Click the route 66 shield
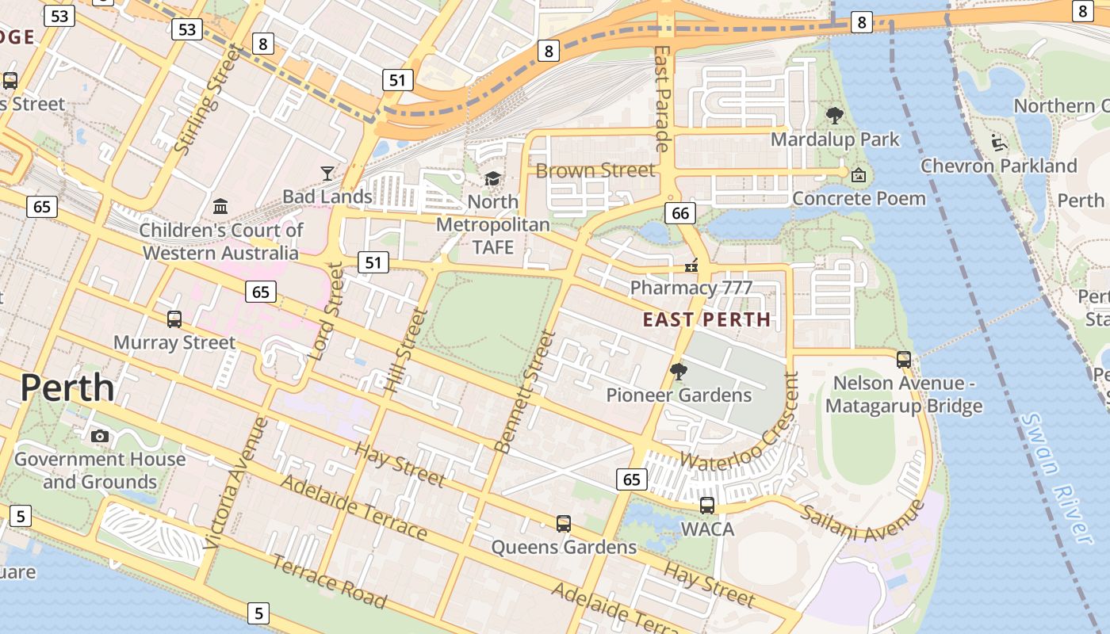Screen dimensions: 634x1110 [680, 212]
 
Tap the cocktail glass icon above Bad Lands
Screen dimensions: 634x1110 [327, 173]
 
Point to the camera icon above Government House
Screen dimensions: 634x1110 [100, 436]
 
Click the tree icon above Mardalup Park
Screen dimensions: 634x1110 [834, 116]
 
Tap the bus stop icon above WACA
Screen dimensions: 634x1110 [706, 505]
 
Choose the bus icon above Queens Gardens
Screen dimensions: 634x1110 [563, 524]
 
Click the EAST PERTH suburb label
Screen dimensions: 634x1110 [706, 319]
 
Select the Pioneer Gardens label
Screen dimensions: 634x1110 [679, 395]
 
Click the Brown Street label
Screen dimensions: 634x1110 [595, 170]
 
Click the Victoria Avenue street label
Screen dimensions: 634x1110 [235, 483]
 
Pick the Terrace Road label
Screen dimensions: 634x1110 [329, 582]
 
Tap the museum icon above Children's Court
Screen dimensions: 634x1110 [220, 207]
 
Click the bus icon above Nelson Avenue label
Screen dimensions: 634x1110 [903, 359]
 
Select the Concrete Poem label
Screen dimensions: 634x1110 [859, 198]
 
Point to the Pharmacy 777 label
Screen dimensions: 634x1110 [691, 288]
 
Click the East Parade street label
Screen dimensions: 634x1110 [662, 98]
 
